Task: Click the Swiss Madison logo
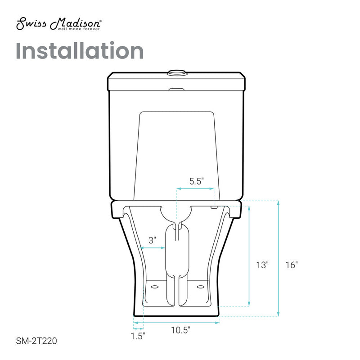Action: point(58,24)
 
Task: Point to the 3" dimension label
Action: point(153,240)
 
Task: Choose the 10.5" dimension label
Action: point(180,329)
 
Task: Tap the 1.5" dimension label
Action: point(138,336)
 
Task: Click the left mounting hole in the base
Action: point(155,285)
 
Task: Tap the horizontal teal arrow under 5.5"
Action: point(195,189)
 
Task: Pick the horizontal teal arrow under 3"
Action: point(153,247)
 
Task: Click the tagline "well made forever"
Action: point(78,29)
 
